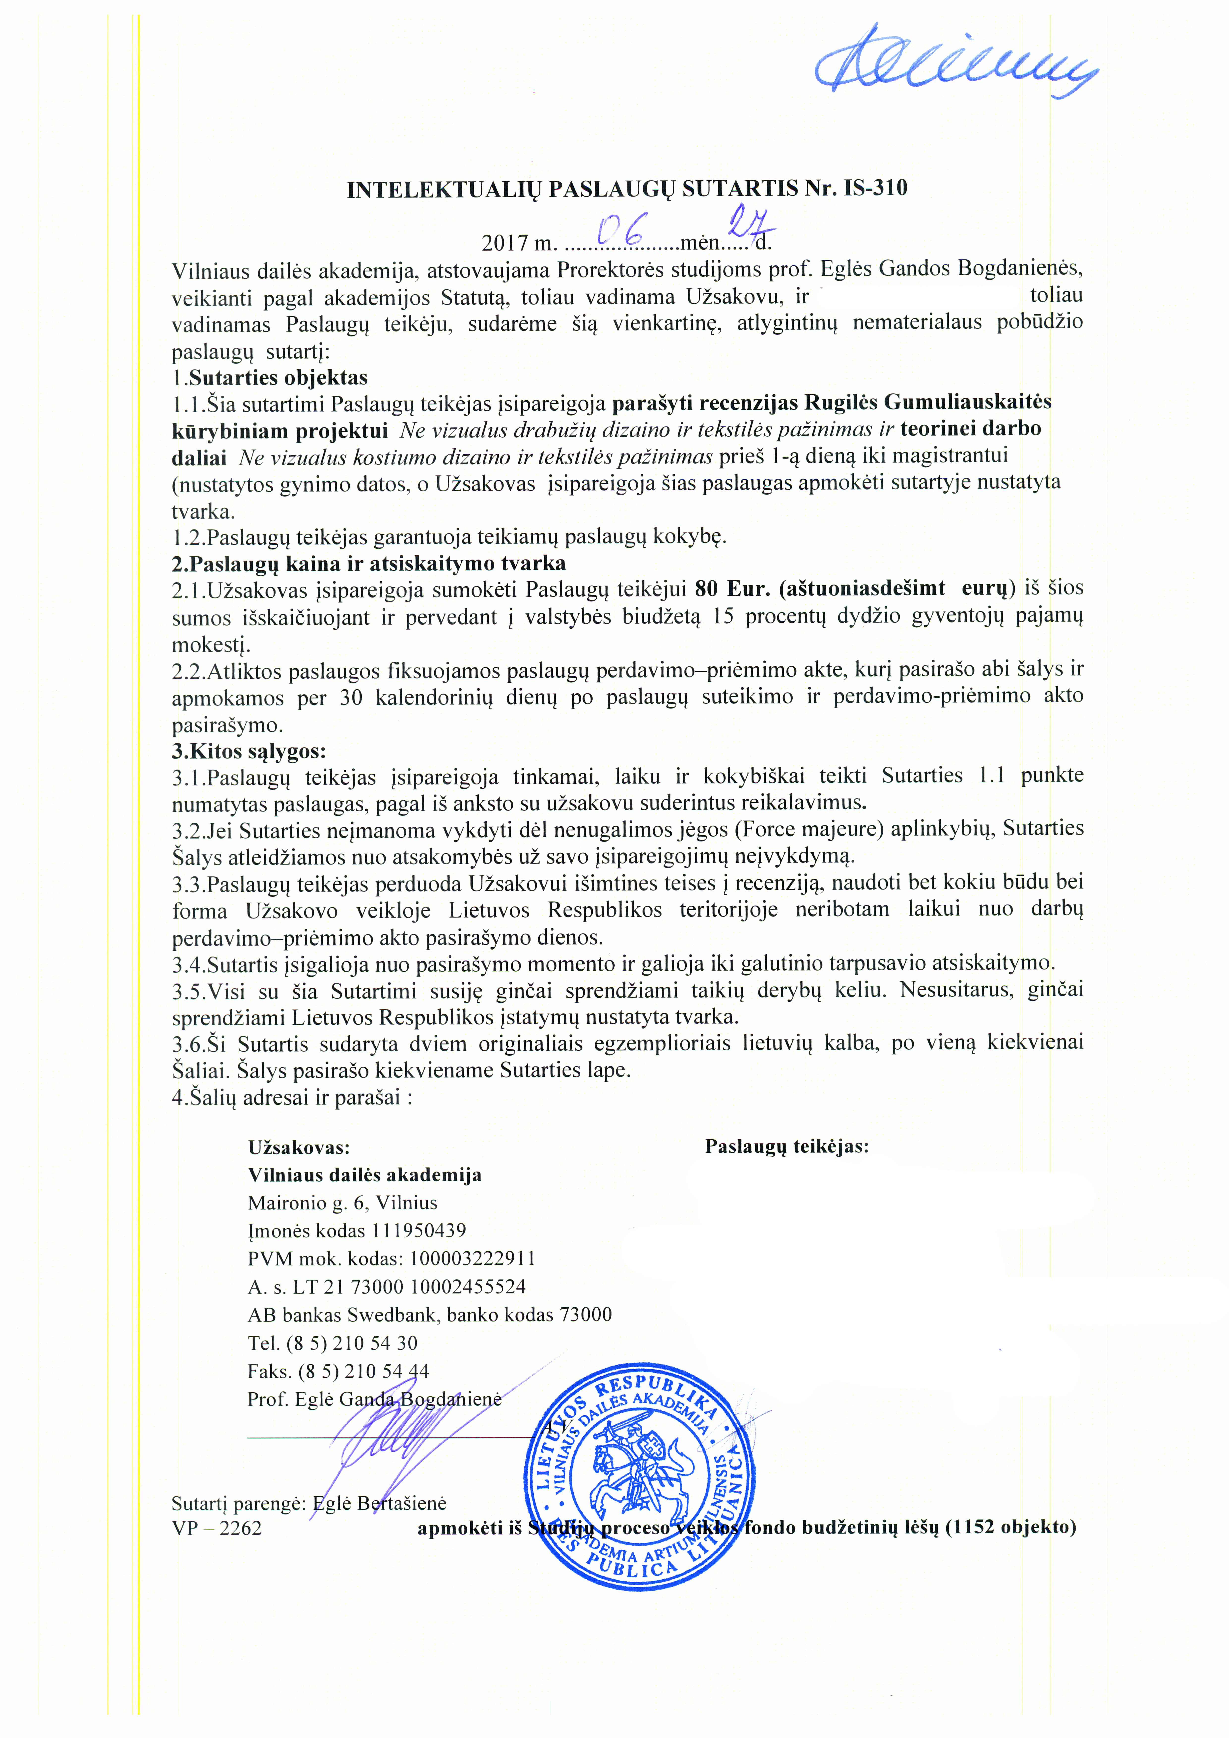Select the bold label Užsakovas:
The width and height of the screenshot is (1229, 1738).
pyautogui.click(x=299, y=1147)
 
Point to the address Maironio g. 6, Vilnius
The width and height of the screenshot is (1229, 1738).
pyautogui.click(x=342, y=1203)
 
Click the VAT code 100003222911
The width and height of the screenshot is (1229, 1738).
pyautogui.click(x=472, y=1259)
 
